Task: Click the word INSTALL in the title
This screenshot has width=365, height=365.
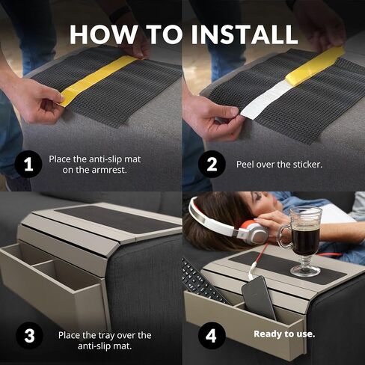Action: click(245, 34)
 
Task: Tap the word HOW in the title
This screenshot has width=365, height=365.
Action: click(104, 34)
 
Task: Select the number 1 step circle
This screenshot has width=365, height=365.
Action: click(28, 164)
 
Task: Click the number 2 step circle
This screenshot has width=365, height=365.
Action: click(212, 164)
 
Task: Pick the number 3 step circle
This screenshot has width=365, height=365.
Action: click(29, 335)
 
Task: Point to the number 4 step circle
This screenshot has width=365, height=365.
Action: click(212, 335)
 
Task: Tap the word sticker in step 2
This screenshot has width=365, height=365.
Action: click(307, 165)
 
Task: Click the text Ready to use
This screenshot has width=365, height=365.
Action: click(284, 334)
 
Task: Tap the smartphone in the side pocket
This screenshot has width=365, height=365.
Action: click(260, 298)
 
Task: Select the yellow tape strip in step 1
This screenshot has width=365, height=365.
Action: click(99, 81)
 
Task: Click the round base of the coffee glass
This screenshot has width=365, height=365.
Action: click(304, 271)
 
